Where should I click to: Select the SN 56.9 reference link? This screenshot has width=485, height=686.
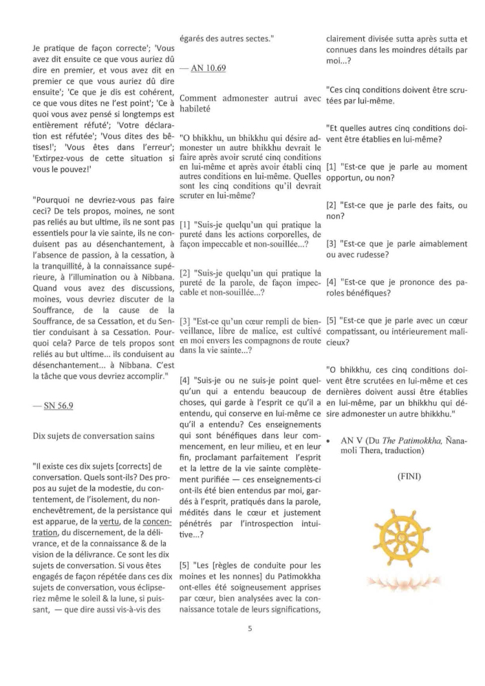[x=57, y=406]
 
